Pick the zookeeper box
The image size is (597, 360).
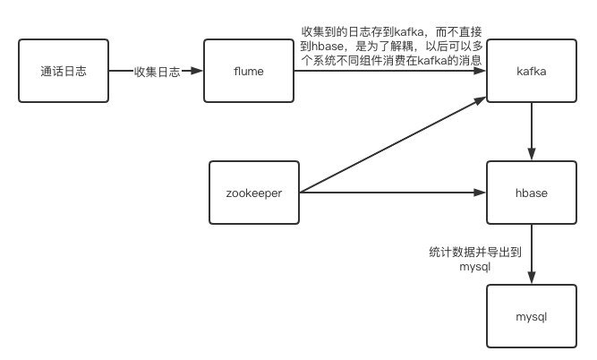click(253, 192)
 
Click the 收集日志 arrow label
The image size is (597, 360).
click(157, 71)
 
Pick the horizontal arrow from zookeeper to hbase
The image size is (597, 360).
click(394, 192)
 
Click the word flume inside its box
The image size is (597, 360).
click(248, 71)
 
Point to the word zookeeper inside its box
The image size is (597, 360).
click(253, 192)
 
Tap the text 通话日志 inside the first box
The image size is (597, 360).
click(63, 71)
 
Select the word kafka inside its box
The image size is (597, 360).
click(532, 71)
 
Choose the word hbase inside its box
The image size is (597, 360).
click(532, 192)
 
